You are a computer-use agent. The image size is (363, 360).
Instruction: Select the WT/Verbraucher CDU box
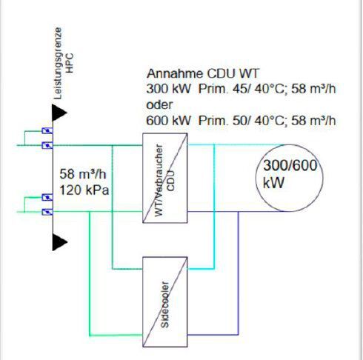(165, 178)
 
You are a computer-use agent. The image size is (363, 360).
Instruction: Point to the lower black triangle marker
(59, 241)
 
